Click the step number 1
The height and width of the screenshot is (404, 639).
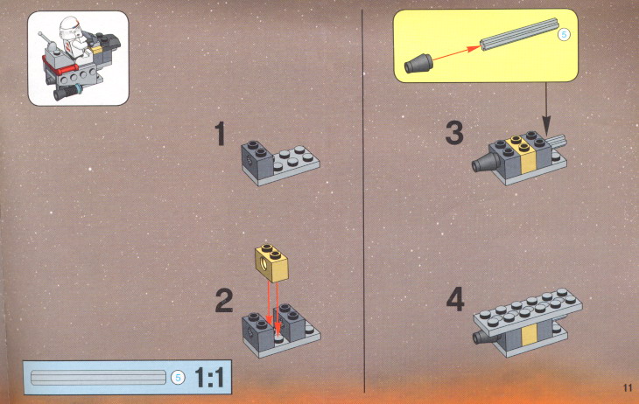[x=221, y=133]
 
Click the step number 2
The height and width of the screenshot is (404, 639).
[x=224, y=301]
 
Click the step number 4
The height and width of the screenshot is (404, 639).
[x=455, y=299]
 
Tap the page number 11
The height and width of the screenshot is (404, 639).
[x=628, y=387]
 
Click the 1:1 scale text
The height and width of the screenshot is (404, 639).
[x=209, y=377]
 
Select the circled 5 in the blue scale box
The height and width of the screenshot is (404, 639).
[x=178, y=378]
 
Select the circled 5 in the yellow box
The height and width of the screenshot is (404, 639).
[x=564, y=35]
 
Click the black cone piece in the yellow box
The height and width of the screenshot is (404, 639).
[x=418, y=64]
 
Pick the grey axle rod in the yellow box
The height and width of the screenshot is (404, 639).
[x=519, y=34]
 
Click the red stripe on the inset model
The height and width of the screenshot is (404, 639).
[x=60, y=67]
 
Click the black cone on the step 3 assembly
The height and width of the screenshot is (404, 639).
[x=486, y=163]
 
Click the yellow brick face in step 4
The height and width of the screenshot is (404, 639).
[x=529, y=334]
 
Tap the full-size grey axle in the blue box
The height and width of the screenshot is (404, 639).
[x=98, y=378]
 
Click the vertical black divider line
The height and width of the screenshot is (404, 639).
[x=363, y=201]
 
